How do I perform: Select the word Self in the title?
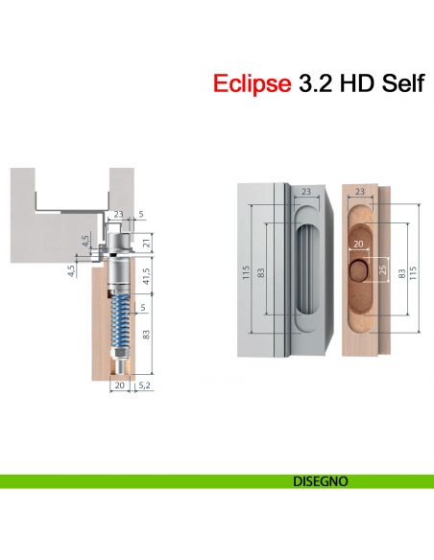coord(395,83)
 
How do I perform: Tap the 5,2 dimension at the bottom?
coord(144,385)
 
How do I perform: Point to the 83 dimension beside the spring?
coord(145,335)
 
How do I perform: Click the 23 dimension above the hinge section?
coord(118,216)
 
